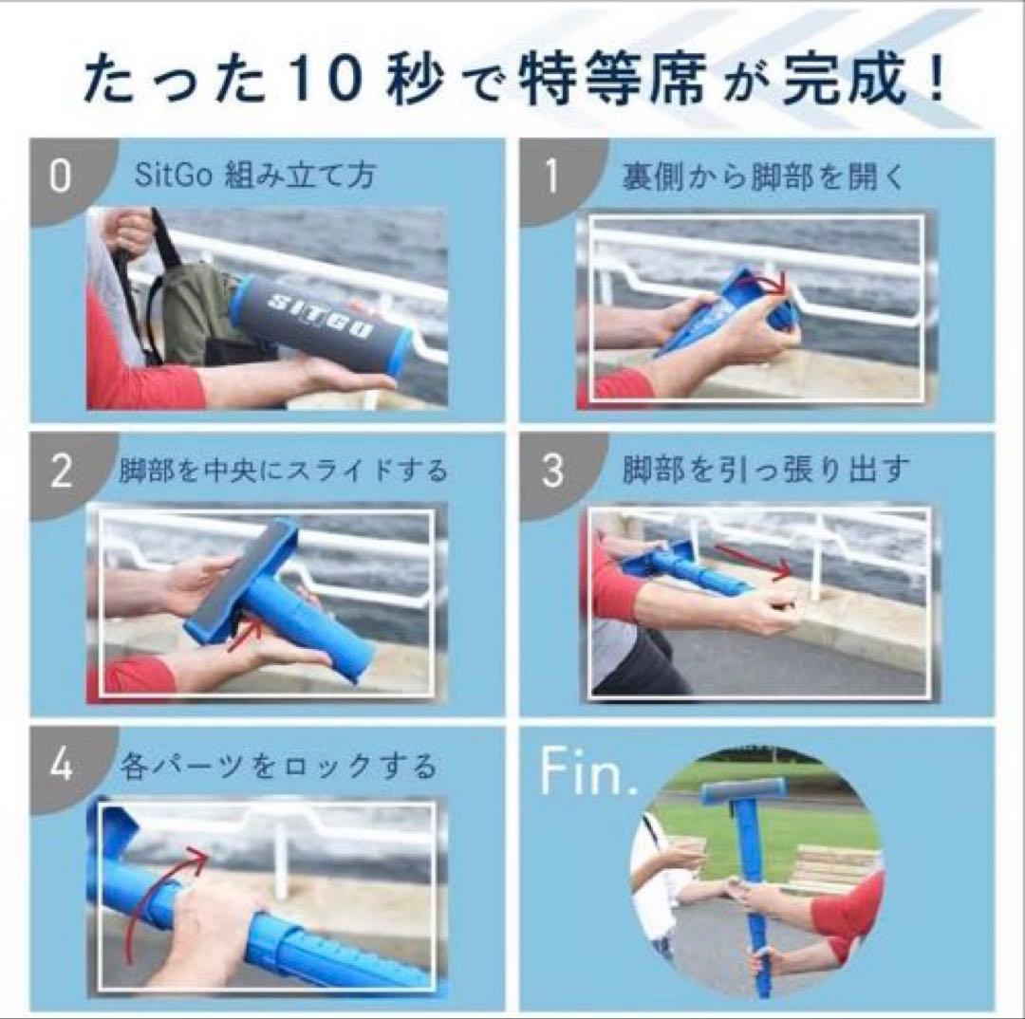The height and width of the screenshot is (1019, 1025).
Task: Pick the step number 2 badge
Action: tap(60, 472)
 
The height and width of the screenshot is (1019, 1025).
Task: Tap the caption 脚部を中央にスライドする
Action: tap(284, 472)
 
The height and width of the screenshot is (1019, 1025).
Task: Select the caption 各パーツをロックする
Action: tap(279, 766)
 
